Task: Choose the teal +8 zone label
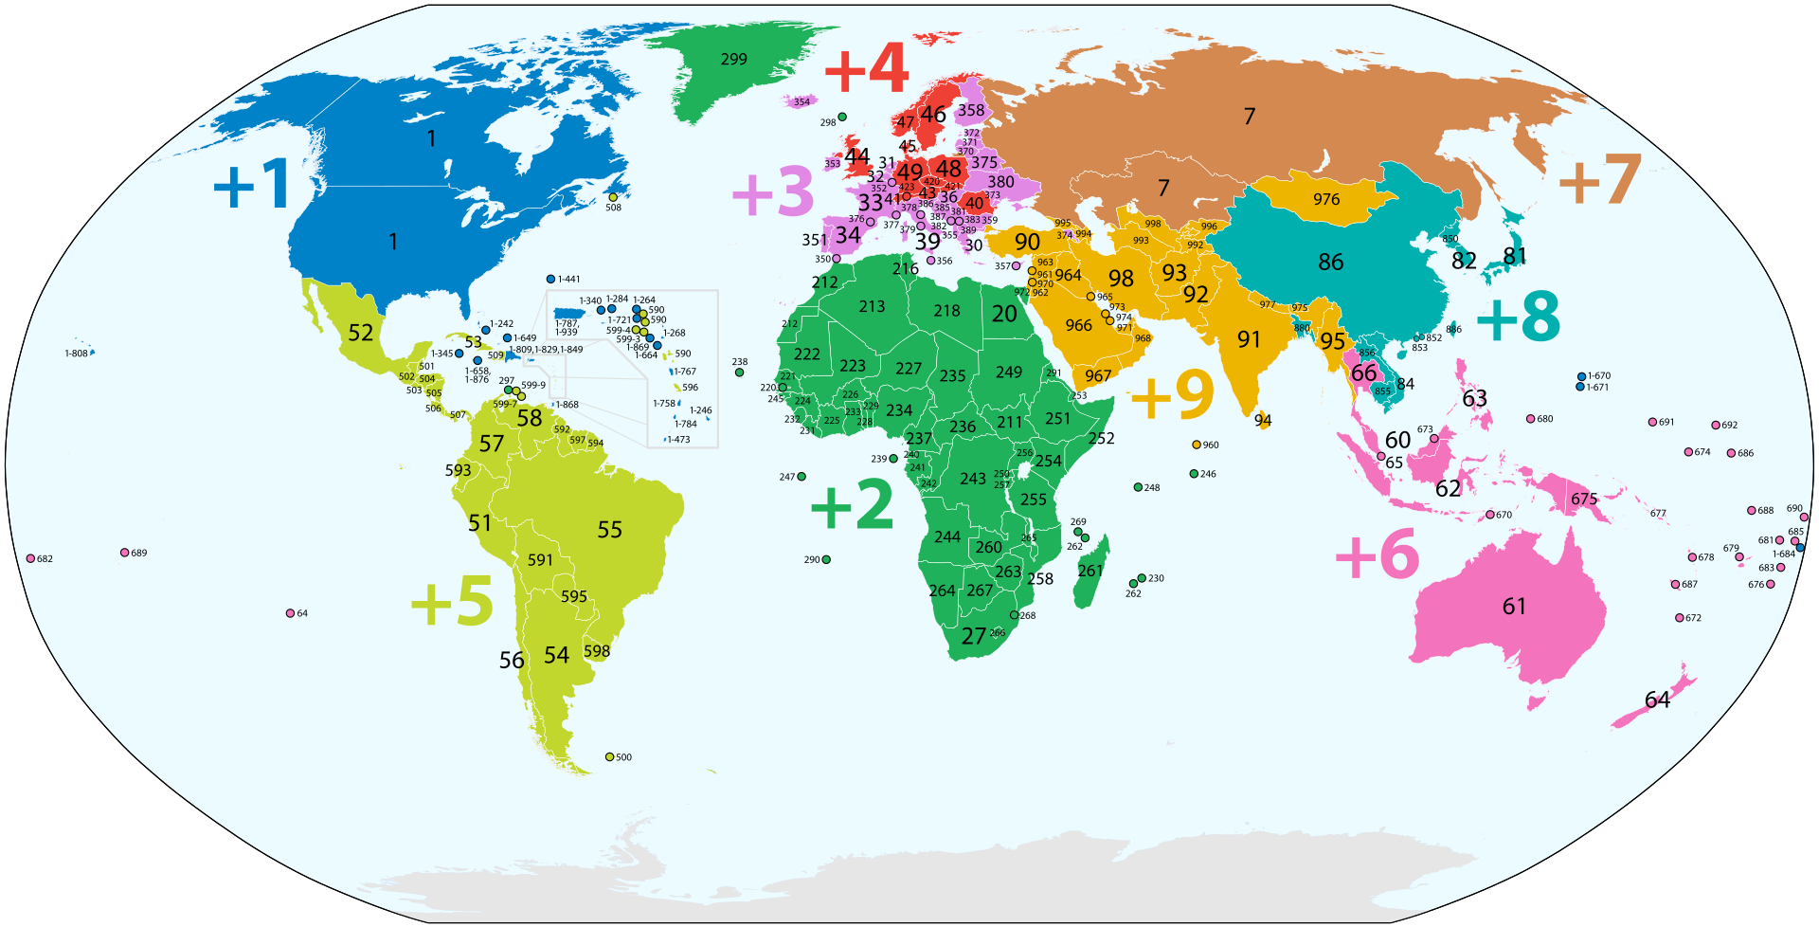1518,317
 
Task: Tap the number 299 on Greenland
733,60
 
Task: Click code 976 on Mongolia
1326,199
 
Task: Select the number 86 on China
1330,262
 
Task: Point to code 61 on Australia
1514,607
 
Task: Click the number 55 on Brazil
609,530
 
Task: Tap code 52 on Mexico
360,333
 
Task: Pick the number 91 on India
1249,339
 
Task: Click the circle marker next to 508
613,197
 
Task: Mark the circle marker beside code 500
609,756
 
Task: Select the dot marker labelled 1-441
550,279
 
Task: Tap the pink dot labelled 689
125,553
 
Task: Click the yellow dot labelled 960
1197,445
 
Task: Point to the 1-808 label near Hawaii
76,354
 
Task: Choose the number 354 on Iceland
801,102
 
